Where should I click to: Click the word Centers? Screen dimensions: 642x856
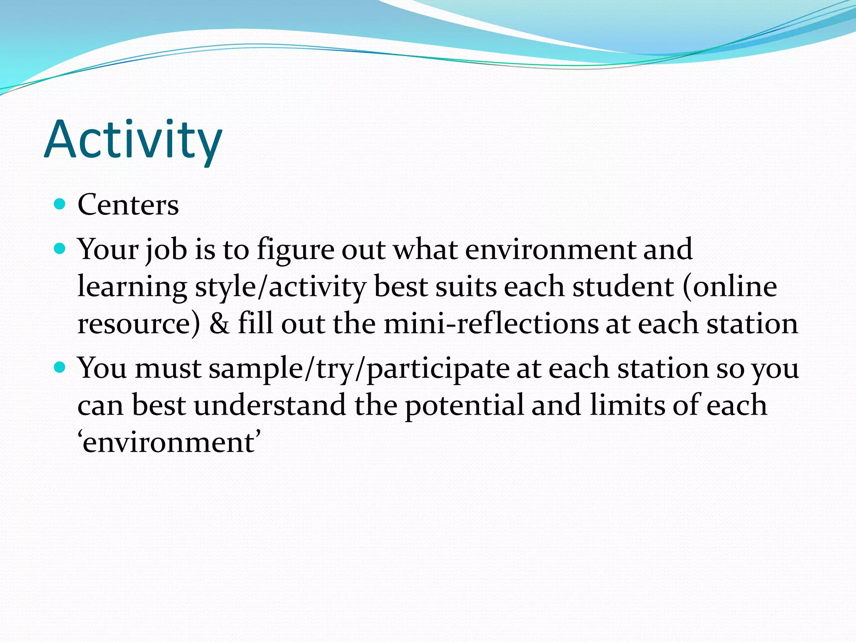tap(128, 205)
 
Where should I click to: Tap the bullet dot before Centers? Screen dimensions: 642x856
tap(60, 204)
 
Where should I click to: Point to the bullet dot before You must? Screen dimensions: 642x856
tap(60, 368)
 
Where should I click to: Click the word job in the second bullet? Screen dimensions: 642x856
tap(166, 250)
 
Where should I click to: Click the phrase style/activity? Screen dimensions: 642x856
tap(280, 288)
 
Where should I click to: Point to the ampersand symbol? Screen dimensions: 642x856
tap(219, 324)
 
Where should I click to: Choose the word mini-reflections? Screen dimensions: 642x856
tap(491, 324)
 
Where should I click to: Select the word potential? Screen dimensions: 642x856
tap(464, 405)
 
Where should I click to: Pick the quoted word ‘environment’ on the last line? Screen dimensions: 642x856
tap(169, 442)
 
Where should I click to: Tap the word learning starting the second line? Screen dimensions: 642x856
tap(132, 288)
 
